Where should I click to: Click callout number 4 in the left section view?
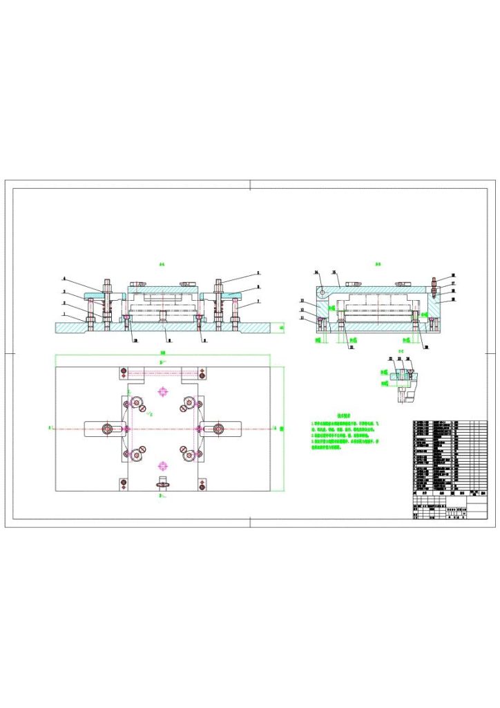[64, 278]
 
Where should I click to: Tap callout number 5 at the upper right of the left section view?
[258, 272]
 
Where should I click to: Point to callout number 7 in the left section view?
[258, 301]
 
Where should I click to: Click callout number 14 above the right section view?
[316, 272]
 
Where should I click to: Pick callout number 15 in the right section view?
[334, 272]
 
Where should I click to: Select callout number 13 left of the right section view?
[302, 301]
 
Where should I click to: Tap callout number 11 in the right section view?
[302, 318]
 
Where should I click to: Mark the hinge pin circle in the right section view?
[322, 292]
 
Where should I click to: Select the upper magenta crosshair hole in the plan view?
[163, 392]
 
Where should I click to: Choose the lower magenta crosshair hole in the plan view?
[163, 464]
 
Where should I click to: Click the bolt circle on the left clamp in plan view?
[108, 429]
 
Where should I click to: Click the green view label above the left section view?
[162, 264]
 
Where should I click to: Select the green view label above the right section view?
[378, 264]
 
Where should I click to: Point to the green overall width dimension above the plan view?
[163, 353]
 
